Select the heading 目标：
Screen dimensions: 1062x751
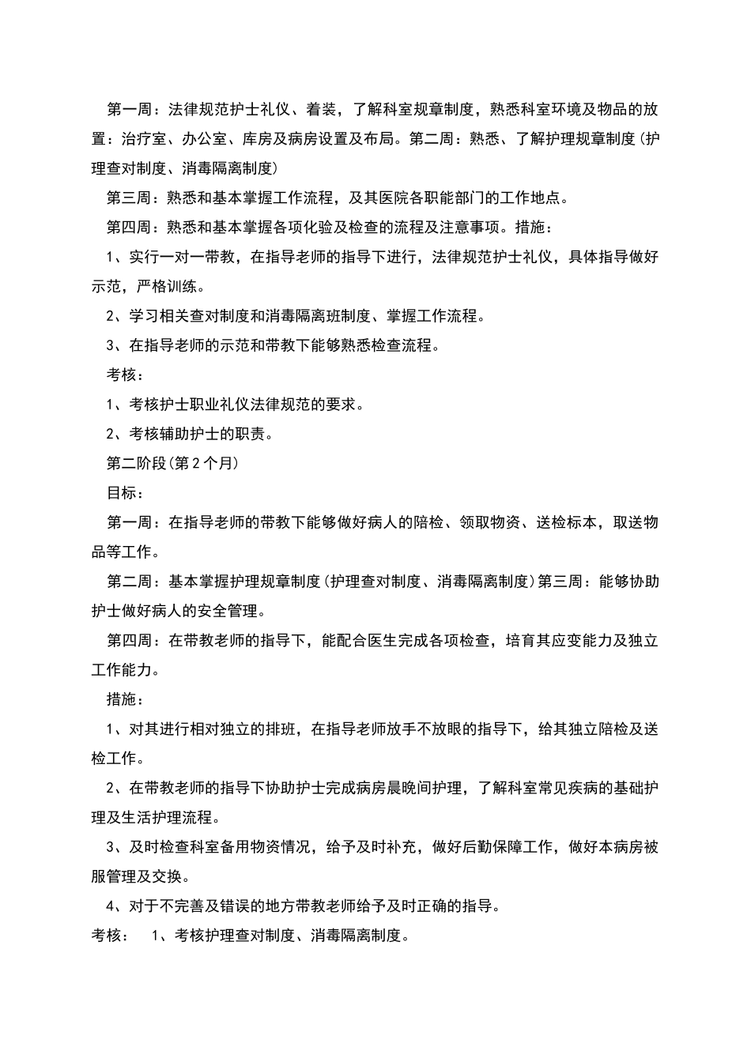coord(125,493)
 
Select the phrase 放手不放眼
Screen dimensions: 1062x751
coord(425,729)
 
